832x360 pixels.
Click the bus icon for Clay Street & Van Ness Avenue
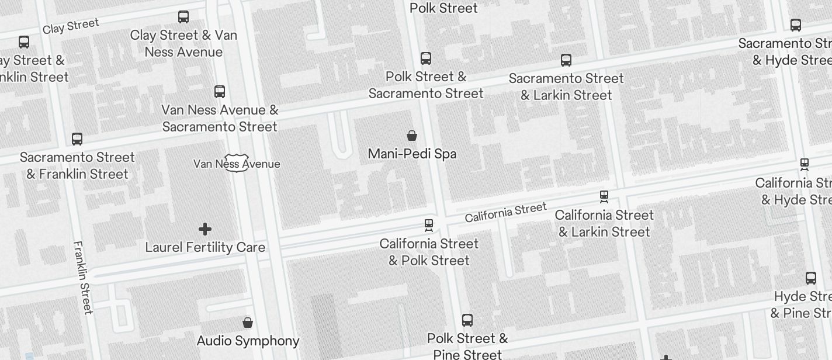[183, 17]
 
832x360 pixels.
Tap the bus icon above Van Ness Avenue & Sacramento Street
[220, 92]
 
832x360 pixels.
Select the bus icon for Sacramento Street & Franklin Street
[77, 139]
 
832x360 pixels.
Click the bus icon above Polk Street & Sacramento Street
[426, 58]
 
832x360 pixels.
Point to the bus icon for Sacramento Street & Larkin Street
[566, 60]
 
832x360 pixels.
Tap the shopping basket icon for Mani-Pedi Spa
[412, 136]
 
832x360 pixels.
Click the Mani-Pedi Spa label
[412, 154]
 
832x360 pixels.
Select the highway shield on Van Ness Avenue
[237, 163]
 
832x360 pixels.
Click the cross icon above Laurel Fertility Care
[205, 229]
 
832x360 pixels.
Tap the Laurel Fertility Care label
[205, 247]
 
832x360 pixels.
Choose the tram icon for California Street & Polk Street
[429, 226]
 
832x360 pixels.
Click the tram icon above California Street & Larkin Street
[604, 197]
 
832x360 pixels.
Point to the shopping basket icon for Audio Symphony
[248, 323]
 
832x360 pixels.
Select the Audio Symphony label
[248, 341]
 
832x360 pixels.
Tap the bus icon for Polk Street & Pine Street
[467, 320]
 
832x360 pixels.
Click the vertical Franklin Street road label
[83, 277]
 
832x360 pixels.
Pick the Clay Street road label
[71, 26]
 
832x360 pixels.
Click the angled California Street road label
[505, 212]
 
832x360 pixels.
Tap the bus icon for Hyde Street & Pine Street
[811, 278]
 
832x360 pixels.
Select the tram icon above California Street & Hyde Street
[805, 165]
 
